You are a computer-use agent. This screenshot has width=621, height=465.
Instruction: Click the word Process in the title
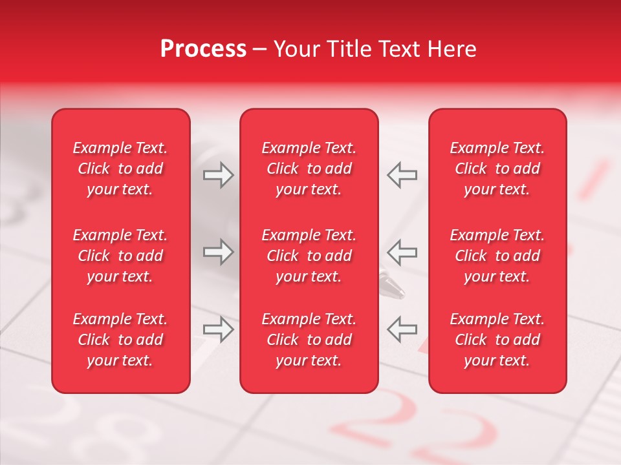point(202,49)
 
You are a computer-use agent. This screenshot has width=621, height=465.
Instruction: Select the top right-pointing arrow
point(218,175)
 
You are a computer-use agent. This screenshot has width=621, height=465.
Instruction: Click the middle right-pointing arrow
point(218,253)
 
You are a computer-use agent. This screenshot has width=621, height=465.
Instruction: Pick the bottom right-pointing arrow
point(218,330)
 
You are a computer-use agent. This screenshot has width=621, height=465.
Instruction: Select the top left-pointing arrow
point(402,175)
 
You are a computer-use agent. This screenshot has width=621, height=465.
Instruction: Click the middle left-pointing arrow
point(402,253)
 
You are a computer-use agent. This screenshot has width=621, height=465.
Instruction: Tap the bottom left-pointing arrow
point(402,329)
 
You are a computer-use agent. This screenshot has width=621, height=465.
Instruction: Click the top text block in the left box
point(120,169)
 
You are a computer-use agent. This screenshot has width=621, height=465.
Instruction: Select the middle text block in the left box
point(120,256)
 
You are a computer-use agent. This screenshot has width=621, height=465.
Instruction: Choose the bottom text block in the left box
point(120,340)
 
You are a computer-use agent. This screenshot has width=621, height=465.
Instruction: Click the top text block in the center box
point(309,169)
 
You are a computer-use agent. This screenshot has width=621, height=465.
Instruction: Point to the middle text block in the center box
point(309,256)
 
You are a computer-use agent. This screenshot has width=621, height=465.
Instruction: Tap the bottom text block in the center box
point(309,340)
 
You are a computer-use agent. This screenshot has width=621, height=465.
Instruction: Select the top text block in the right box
point(497,169)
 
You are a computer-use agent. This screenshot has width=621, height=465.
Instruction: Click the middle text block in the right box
point(497,256)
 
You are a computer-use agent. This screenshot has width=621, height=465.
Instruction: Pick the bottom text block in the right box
point(497,340)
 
